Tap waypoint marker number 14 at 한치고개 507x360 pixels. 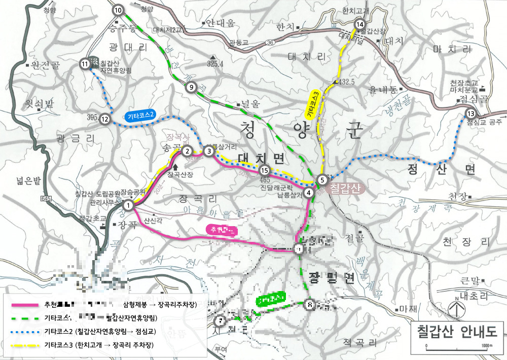360,24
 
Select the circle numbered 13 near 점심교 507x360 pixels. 470,114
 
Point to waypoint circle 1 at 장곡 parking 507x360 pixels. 128,205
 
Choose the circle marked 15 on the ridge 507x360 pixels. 263,170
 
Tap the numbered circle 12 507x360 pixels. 105,119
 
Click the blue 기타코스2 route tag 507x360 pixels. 140,116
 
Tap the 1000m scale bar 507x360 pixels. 456,348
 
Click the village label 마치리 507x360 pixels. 446,50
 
